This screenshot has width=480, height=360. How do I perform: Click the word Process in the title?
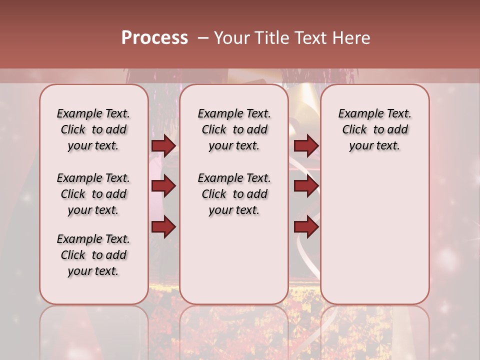pyautogui.click(x=154, y=37)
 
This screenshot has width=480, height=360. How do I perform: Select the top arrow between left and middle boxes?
pyautogui.click(x=163, y=145)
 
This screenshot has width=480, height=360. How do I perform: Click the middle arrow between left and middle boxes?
pyautogui.click(x=163, y=186)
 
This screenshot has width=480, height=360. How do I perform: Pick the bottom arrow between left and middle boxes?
pyautogui.click(x=163, y=226)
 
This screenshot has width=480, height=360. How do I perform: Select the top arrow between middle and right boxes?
pyautogui.click(x=306, y=145)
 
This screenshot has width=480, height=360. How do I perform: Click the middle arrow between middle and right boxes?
pyautogui.click(x=306, y=186)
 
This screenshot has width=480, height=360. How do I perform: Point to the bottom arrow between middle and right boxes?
pyautogui.click(x=306, y=226)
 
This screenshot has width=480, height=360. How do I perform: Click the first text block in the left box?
pyautogui.click(x=93, y=129)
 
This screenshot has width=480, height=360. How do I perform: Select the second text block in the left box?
pyautogui.click(x=93, y=194)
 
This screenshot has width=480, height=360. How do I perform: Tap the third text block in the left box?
pyautogui.click(x=93, y=255)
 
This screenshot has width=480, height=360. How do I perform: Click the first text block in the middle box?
pyautogui.click(x=234, y=129)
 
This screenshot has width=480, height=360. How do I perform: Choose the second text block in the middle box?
pyautogui.click(x=234, y=194)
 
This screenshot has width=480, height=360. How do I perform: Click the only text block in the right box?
pyautogui.click(x=374, y=129)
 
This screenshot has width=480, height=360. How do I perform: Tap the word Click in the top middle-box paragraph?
pyautogui.click(x=214, y=130)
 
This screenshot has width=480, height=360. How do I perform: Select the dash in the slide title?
pyautogui.click(x=203, y=38)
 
